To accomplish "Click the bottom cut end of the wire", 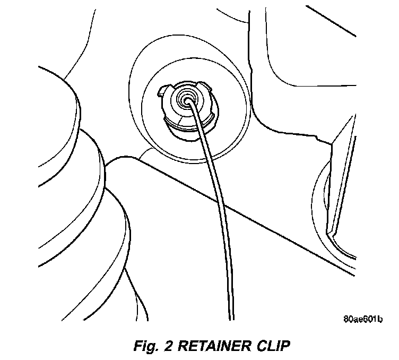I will point(231,319).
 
